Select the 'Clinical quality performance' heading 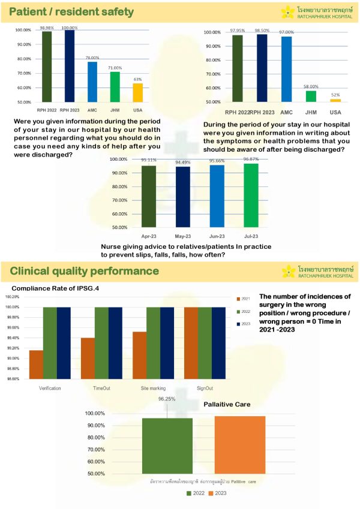pyautogui.click(x=84, y=271)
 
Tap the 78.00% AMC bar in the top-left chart pyautogui.click(x=92, y=82)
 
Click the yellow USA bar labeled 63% pyautogui.click(x=137, y=92)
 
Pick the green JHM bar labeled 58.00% pyautogui.click(x=311, y=96)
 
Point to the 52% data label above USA pyautogui.click(x=335, y=95)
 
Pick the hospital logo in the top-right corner pyautogui.click(x=317, y=12)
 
